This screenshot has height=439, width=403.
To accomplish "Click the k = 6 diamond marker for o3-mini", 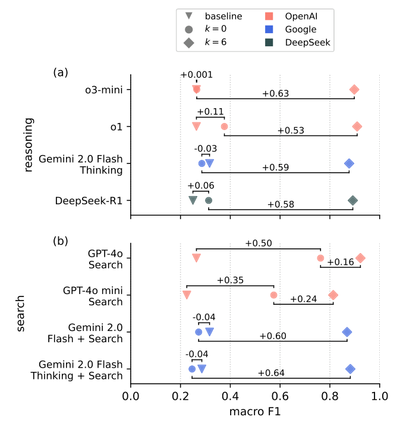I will [354, 90].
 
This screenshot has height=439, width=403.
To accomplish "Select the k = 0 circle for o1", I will [224, 127].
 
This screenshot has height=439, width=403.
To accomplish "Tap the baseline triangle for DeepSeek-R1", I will [193, 200].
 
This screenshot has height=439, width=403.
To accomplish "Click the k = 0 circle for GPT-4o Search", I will [320, 258].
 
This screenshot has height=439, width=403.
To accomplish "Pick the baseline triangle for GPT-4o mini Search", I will [187, 295].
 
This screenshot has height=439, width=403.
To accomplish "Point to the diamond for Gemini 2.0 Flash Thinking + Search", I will [351, 369].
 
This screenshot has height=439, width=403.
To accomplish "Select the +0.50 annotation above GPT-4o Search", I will [259, 244].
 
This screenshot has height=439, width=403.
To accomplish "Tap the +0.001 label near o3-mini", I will [196, 75].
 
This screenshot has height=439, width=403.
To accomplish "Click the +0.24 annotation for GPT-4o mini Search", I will [304, 299].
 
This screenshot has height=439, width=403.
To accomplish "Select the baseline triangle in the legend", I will [188, 16].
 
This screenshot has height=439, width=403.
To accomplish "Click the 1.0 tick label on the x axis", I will [379, 394].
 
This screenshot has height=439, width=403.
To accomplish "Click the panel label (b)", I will [61, 242].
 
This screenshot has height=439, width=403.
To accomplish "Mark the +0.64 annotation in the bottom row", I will [271, 373].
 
